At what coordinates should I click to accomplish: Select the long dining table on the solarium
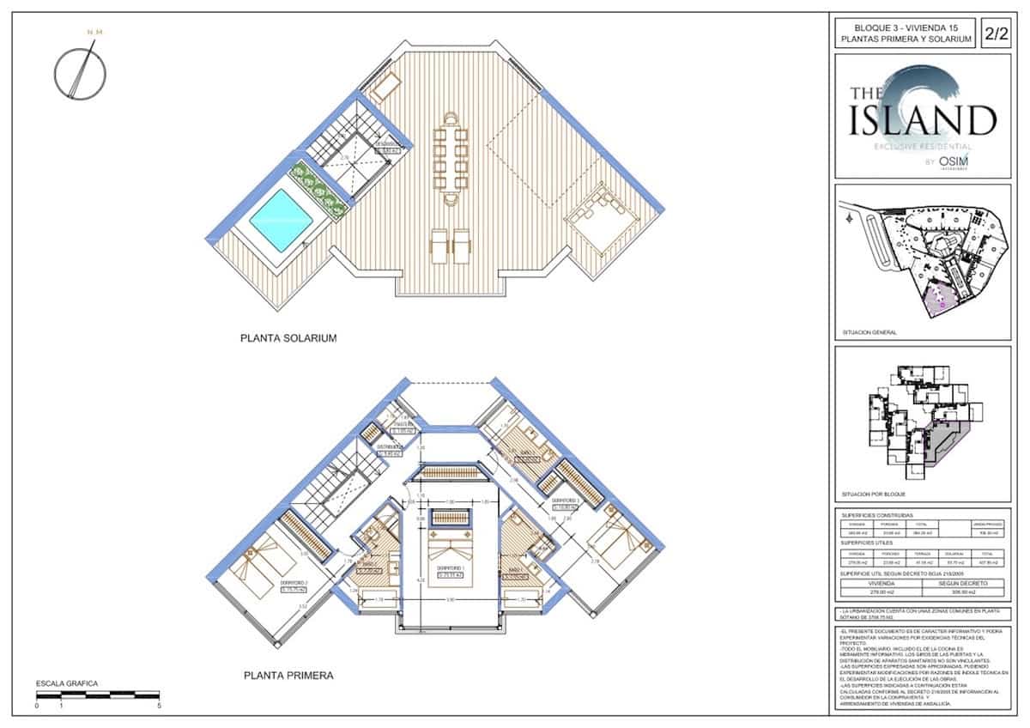tap(450, 158)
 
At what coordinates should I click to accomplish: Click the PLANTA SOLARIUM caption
tap(288, 339)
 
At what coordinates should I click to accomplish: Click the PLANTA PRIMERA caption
tap(288, 676)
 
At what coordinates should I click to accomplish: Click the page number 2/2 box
tap(997, 34)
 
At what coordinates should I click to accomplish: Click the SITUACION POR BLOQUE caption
tap(874, 495)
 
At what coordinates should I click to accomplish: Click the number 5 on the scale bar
tap(160, 706)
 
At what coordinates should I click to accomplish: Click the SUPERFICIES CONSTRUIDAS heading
tap(877, 516)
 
